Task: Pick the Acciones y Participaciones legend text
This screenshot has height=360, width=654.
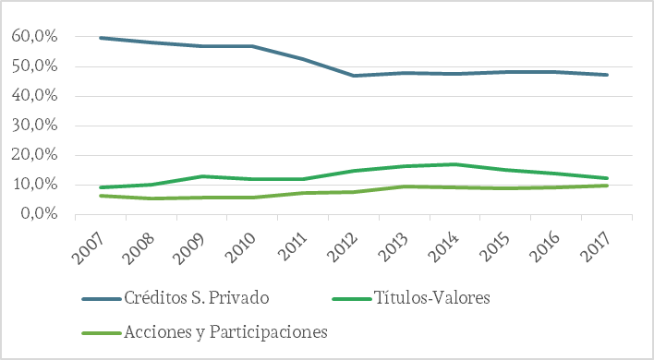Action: coord(226,331)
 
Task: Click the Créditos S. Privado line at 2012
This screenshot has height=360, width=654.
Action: coord(354,76)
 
